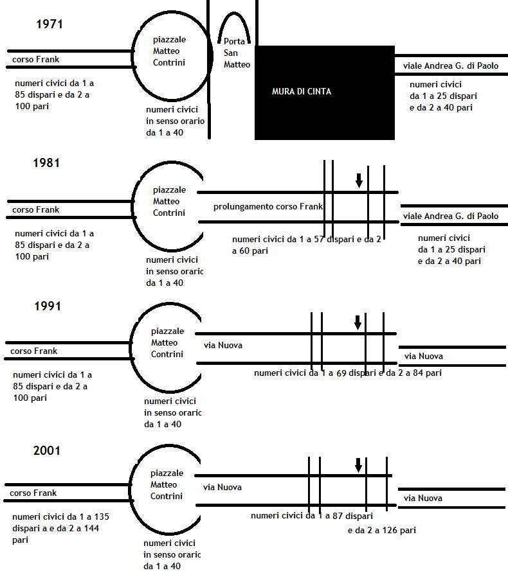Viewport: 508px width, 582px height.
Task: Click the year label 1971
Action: click(x=50, y=24)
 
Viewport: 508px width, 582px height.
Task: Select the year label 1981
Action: click(x=46, y=163)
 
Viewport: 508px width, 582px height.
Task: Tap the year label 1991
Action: click(x=48, y=306)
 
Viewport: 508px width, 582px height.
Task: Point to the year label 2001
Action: click(x=47, y=450)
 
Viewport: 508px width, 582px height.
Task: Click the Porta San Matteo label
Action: click(x=237, y=53)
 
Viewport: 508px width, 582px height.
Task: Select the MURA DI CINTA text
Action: click(x=302, y=91)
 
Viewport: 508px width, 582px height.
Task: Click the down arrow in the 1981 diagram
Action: click(x=359, y=181)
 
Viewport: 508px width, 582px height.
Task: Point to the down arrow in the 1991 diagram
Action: click(x=358, y=322)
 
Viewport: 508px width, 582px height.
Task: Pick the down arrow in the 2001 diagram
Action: click(x=358, y=465)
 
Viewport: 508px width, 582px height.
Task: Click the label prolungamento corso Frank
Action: click(x=268, y=207)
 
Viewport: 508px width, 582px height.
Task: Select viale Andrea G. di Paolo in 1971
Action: click(x=451, y=66)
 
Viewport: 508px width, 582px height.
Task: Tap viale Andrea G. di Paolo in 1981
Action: click(x=451, y=216)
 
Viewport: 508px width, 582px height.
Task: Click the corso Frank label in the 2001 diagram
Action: click(x=33, y=493)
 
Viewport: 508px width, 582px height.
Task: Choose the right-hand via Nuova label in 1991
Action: click(x=424, y=357)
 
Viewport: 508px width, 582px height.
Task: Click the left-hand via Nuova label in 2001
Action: click(x=222, y=488)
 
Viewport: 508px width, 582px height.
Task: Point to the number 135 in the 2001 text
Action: click(x=102, y=516)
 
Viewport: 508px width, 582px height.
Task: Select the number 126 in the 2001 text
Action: click(x=390, y=531)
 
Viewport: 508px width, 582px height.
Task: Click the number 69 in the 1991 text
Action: click(x=341, y=373)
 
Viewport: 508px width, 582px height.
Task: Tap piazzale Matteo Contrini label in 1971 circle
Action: click(x=169, y=51)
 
